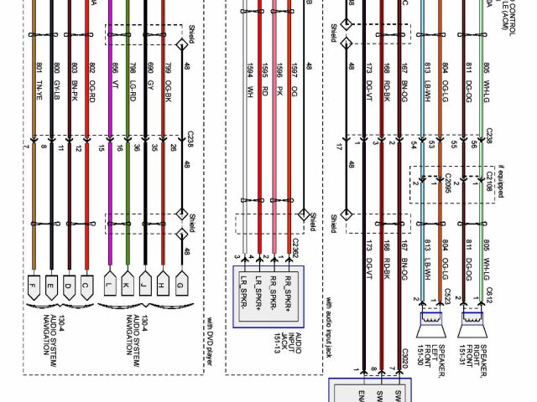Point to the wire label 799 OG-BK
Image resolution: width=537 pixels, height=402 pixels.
[x=168, y=74]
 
